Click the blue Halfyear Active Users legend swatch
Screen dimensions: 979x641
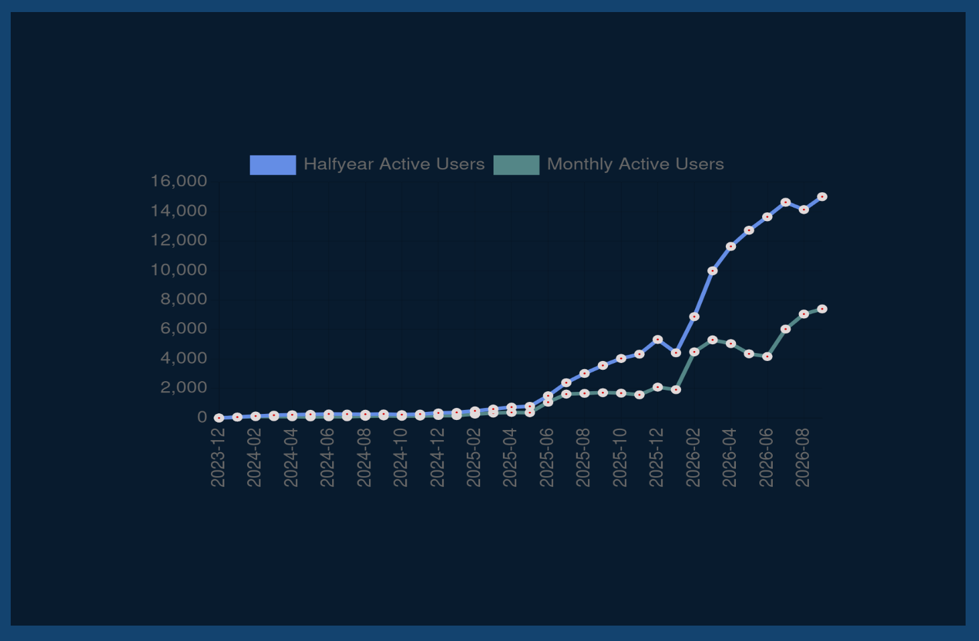[273, 165]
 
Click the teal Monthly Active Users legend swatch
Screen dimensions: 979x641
[516, 165]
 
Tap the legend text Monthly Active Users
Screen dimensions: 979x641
[635, 164]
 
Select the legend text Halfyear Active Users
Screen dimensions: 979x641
[394, 164]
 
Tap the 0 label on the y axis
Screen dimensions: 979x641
[202, 417]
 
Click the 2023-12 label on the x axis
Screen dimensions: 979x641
[218, 457]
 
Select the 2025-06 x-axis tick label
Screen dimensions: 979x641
[547, 457]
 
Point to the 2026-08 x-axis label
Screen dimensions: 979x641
[802, 457]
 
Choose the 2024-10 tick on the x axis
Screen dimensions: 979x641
[400, 457]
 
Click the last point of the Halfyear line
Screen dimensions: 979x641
[822, 197]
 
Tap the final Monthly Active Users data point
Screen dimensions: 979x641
[822, 309]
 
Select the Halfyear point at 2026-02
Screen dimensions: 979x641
[694, 317]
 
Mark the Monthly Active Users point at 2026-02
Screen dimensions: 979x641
[694, 352]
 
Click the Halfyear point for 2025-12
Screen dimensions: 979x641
[658, 340]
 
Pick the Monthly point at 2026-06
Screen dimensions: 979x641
[767, 357]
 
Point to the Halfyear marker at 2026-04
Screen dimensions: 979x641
[731, 246]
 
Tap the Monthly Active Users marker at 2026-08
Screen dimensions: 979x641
[804, 314]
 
